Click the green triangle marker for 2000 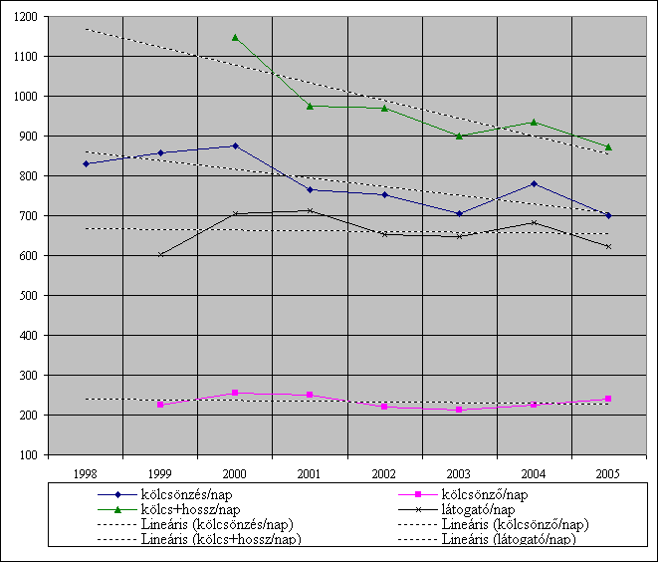tap(235, 38)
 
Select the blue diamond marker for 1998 tap(86, 163)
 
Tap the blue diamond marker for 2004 tap(534, 183)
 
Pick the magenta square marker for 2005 tap(608, 399)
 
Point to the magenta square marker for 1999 tap(160, 405)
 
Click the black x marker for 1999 tap(160, 254)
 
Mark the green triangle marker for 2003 tap(459, 136)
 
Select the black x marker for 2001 tap(310, 210)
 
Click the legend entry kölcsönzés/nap tap(190, 494)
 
